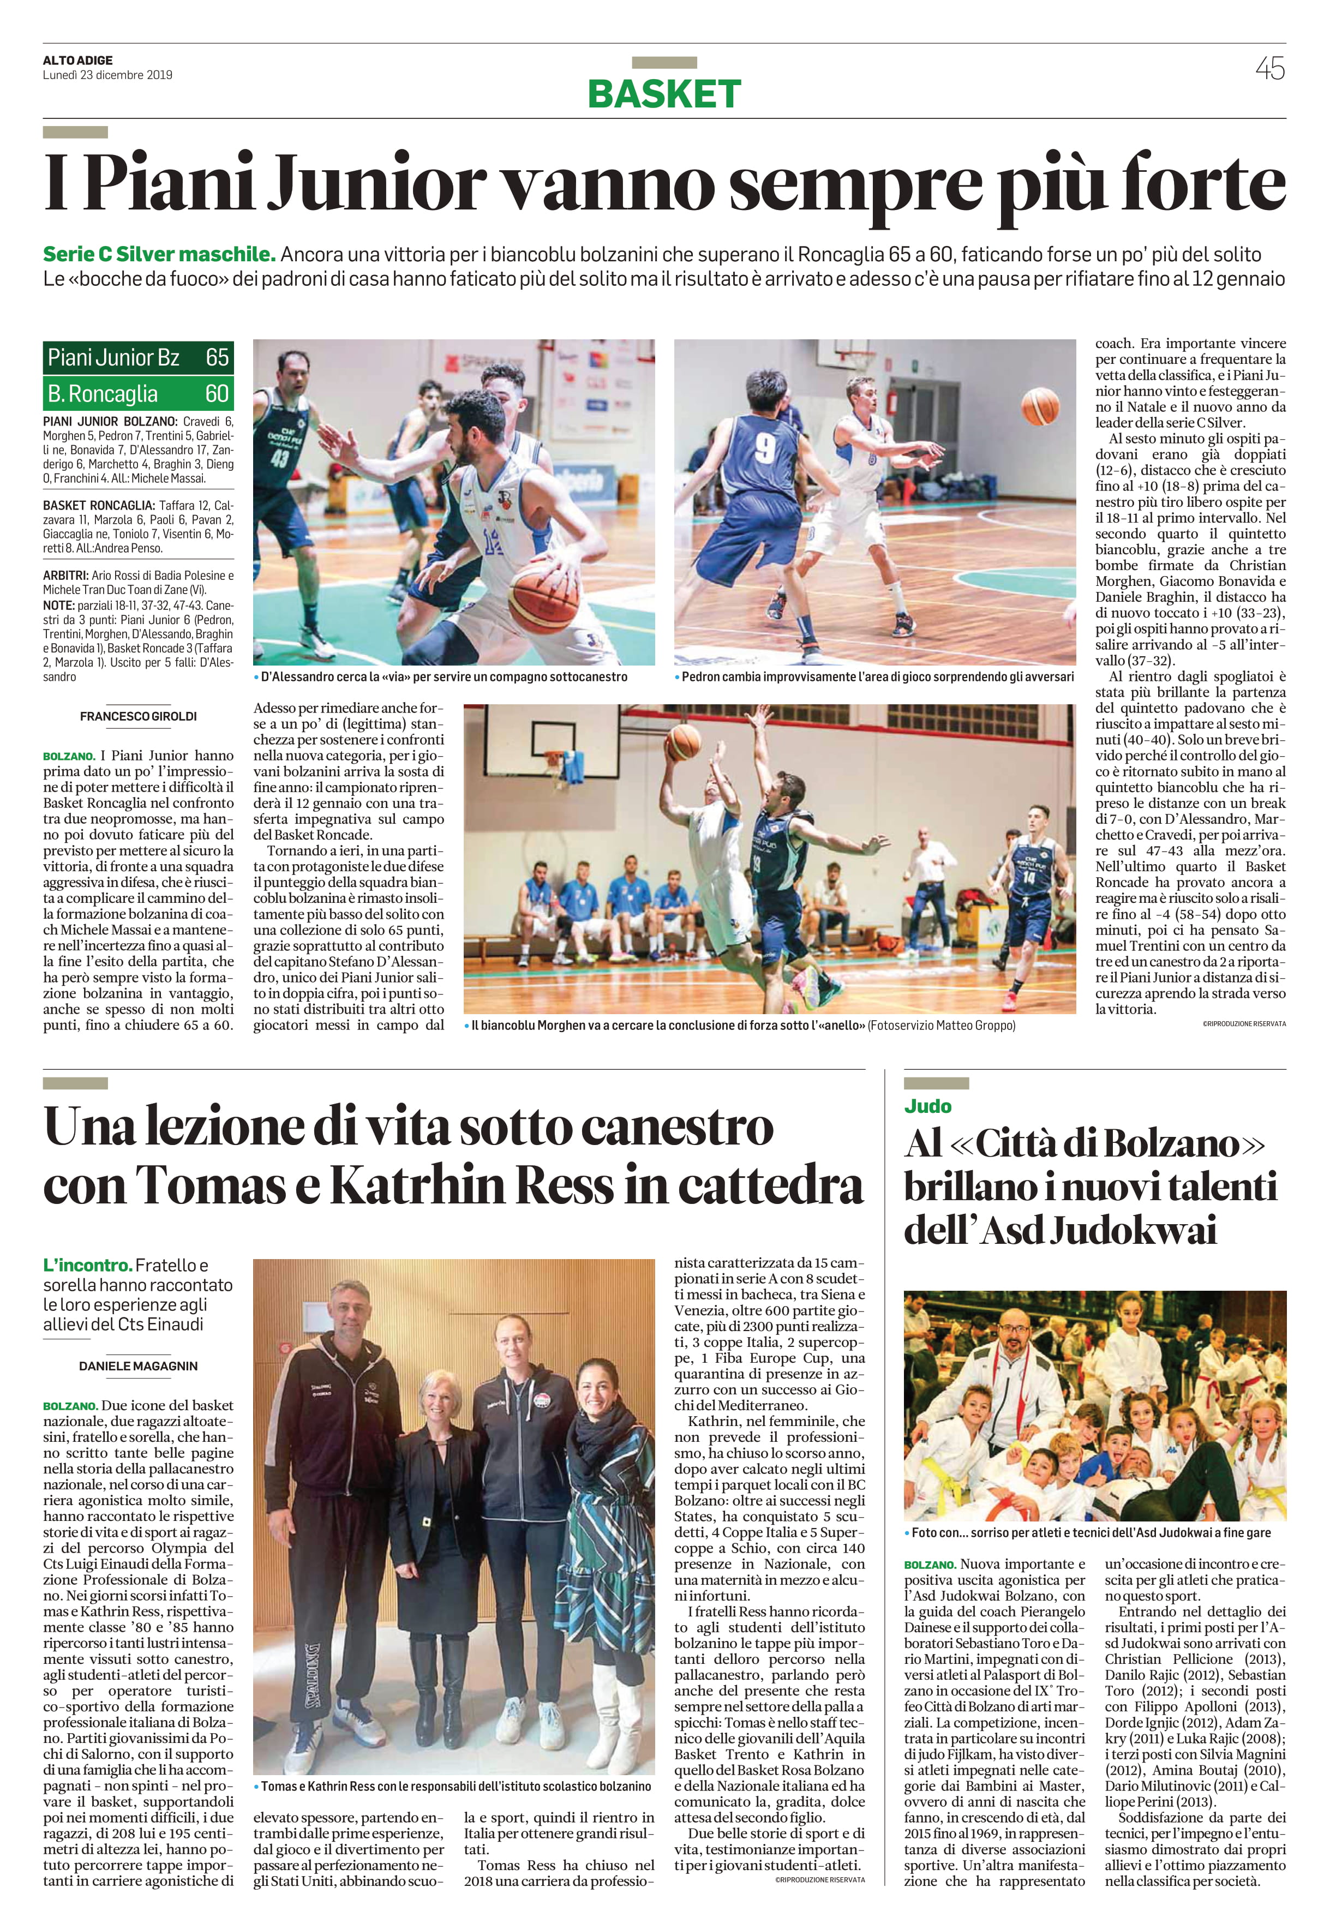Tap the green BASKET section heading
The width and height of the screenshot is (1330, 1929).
pyautogui.click(x=664, y=94)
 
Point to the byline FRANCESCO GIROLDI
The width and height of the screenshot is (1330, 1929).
pyautogui.click(x=139, y=716)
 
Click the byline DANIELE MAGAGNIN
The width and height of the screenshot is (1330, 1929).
pyautogui.click(x=139, y=1365)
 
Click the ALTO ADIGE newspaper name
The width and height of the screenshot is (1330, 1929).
pyautogui.click(x=77, y=60)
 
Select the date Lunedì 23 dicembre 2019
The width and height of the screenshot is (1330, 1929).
pyautogui.click(x=107, y=74)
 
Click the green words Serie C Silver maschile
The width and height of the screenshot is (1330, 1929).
pyautogui.click(x=159, y=254)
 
